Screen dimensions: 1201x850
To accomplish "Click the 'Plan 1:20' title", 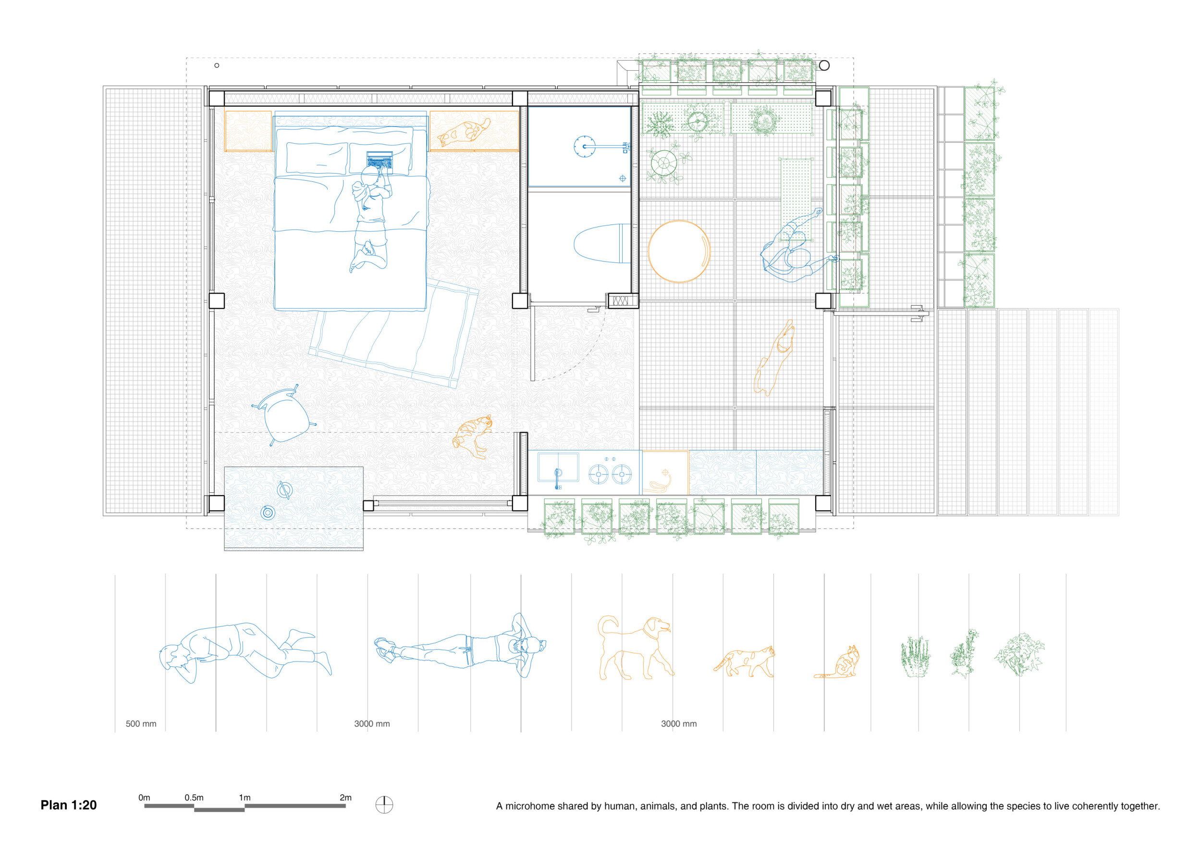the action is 69,805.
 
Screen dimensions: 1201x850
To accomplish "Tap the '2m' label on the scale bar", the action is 345,798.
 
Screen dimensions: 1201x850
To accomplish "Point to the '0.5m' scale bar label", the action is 194,798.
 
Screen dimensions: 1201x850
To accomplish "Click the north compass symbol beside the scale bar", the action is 384,805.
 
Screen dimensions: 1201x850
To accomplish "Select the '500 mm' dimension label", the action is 141,724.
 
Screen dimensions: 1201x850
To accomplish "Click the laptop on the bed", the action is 379,162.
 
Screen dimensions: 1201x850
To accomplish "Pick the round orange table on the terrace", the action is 679,251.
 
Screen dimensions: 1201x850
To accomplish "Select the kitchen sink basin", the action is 558,467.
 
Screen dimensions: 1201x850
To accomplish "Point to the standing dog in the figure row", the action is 635,648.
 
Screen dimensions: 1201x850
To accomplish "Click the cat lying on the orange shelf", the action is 464,132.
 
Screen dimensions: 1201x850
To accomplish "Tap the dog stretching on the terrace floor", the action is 774,358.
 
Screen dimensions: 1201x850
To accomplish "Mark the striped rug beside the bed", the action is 393,333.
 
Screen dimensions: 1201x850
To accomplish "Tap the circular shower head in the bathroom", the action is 584,147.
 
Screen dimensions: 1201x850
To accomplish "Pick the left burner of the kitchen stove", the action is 599,475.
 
